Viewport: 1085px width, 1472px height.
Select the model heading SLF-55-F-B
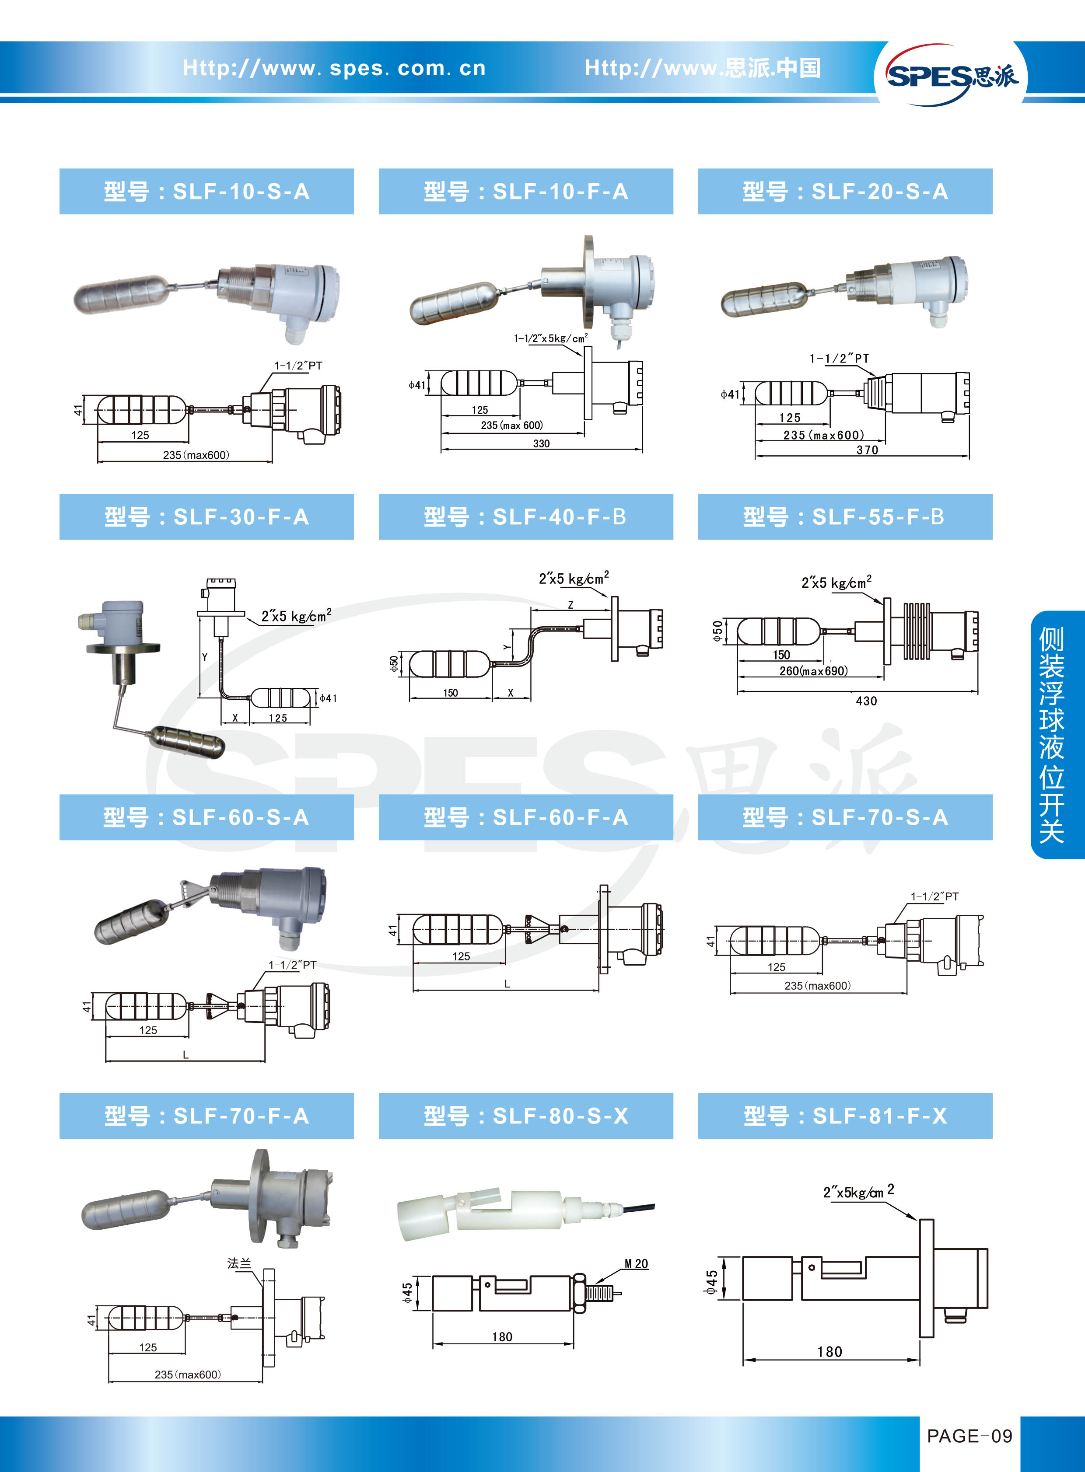coord(845,517)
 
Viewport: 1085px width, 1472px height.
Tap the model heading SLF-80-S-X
coord(526,1116)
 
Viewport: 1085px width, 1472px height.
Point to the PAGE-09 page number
coord(969,1436)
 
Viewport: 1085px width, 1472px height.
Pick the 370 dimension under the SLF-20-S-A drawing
coord(867,450)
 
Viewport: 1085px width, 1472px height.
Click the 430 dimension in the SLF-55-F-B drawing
coord(866,701)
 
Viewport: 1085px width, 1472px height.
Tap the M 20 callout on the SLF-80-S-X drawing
coord(636,1264)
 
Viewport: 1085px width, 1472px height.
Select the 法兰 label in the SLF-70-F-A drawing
coord(239,1263)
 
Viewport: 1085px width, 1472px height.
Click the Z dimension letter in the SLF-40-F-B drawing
coord(570,605)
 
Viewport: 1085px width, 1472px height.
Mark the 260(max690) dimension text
coord(813,670)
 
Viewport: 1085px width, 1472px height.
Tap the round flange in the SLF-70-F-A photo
coord(258,1196)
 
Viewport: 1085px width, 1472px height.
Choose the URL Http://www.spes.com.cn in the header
coord(334,68)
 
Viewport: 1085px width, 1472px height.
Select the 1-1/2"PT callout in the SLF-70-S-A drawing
coord(934,896)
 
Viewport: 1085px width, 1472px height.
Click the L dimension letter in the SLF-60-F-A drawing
coord(507,984)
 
